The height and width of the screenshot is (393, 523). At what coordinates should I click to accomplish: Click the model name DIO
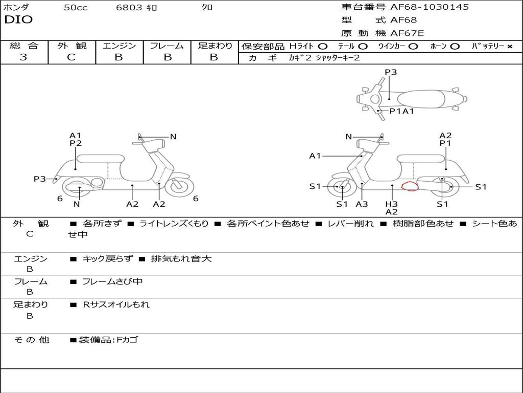18,20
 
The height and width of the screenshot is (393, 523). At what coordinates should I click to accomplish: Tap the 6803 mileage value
129,8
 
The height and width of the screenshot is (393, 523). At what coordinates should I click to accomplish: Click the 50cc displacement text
76,8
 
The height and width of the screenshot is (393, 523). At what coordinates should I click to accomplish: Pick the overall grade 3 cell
23,57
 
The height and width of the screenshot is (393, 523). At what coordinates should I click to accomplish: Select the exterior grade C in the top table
71,57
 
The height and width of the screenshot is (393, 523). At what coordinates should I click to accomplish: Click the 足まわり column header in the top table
215,46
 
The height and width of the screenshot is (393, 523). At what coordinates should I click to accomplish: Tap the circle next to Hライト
322,47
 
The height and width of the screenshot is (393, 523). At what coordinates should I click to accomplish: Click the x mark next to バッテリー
509,47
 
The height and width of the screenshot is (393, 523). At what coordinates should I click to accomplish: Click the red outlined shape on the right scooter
410,186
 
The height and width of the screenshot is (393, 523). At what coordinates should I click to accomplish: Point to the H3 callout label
391,204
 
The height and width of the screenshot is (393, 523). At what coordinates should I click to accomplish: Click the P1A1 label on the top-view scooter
401,111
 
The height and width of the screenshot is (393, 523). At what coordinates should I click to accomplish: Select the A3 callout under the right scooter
362,204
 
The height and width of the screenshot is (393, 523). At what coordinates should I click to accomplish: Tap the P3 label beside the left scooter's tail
40,179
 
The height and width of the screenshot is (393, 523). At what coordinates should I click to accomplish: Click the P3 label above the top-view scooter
391,72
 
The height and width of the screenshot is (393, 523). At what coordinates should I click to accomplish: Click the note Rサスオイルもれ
116,304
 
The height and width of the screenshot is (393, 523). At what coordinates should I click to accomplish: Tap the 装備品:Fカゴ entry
108,340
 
